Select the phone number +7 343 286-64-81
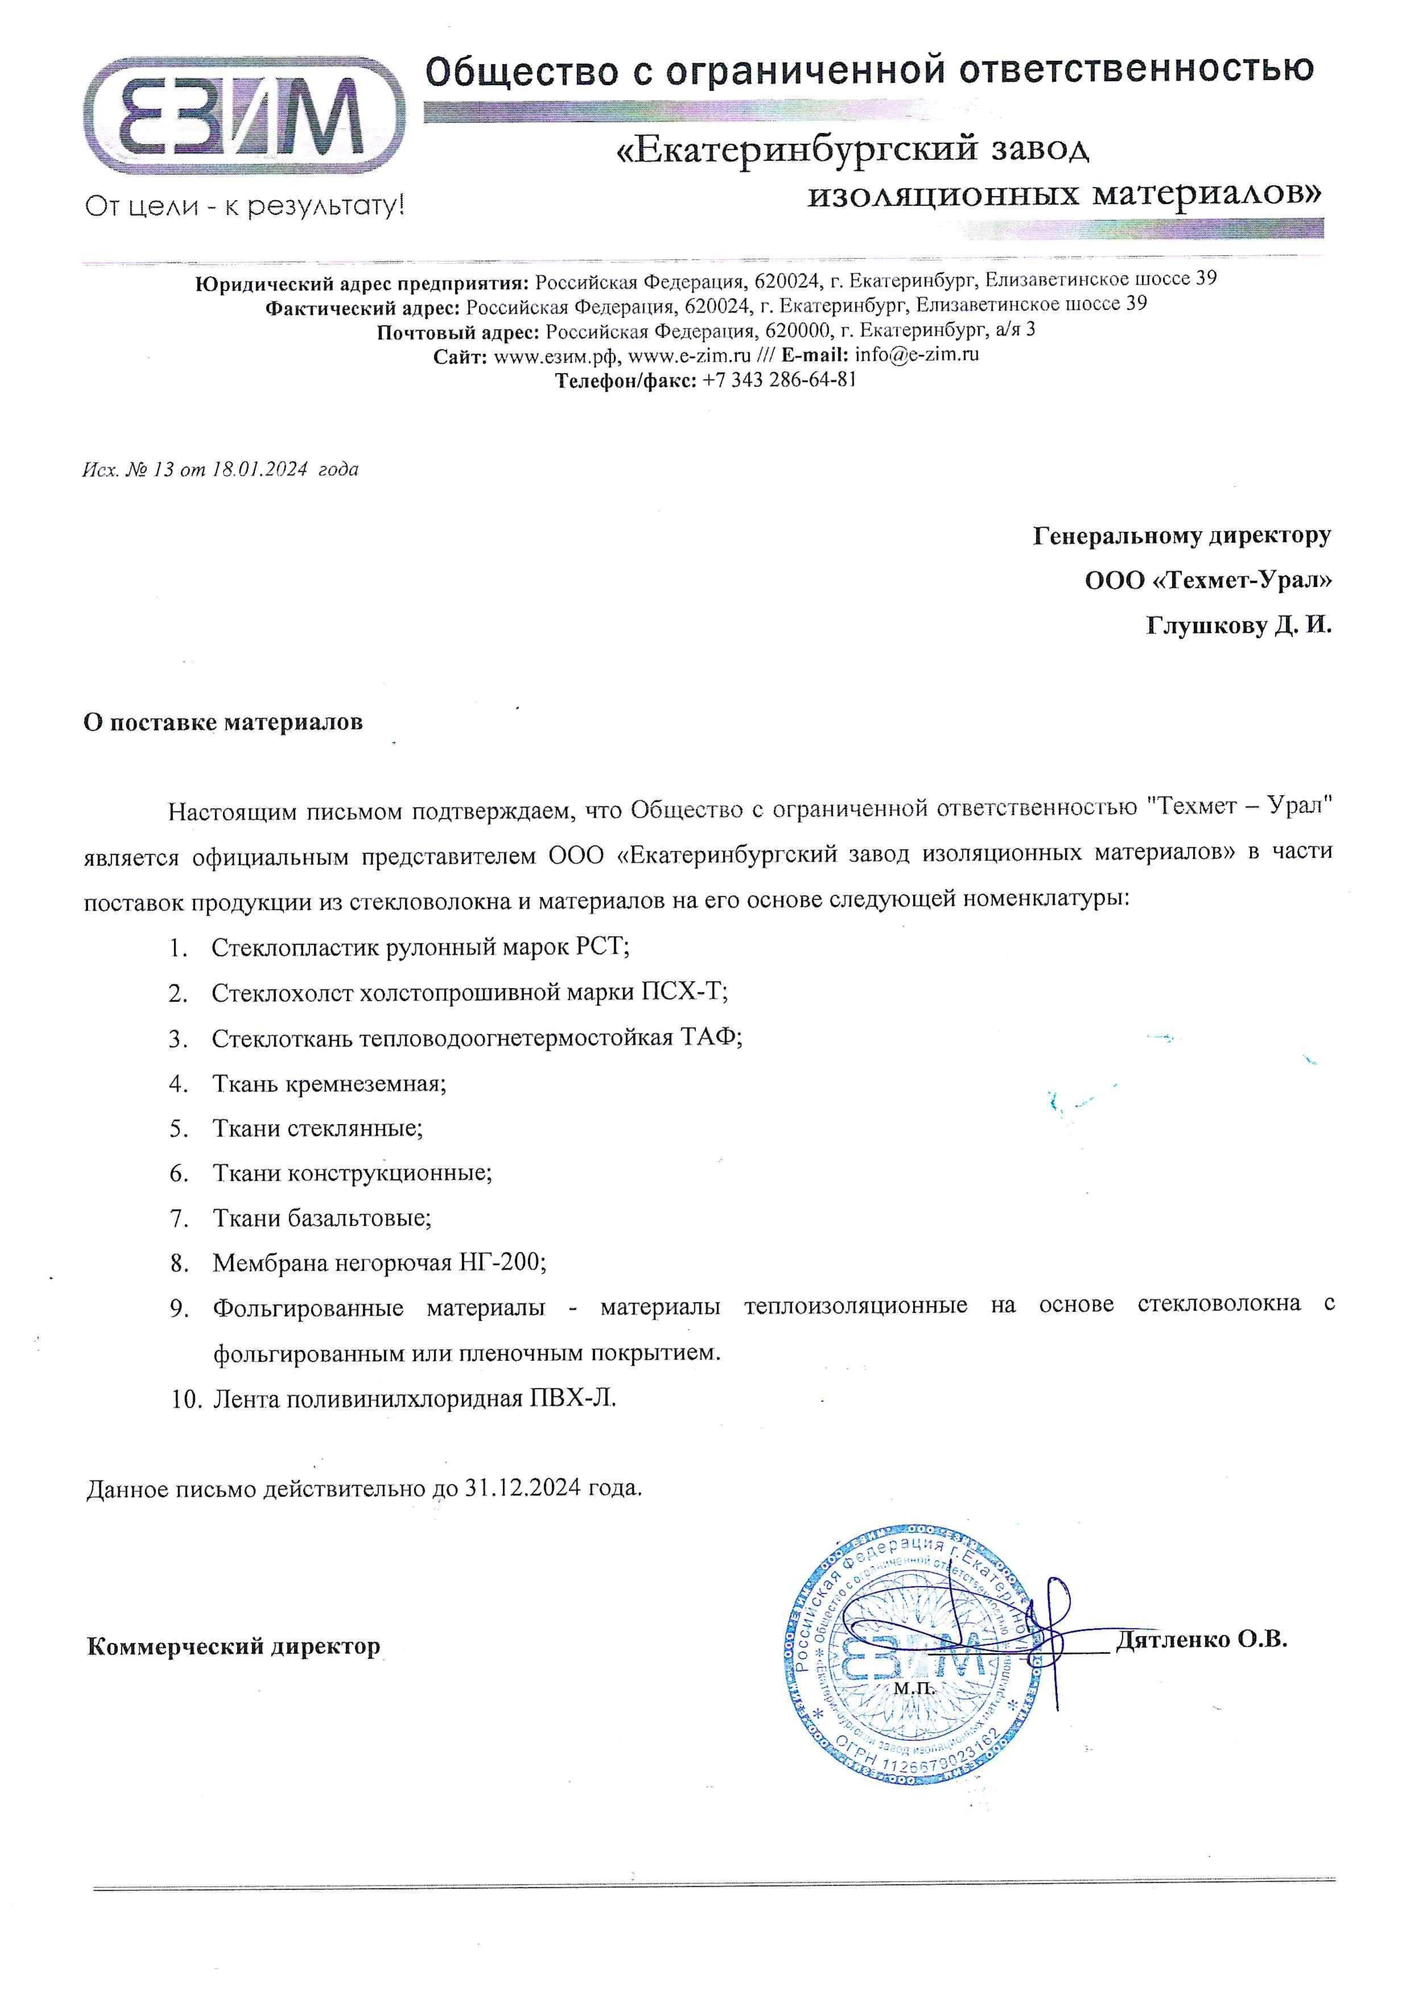(779, 380)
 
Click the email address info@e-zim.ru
(917, 354)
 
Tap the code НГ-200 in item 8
(500, 1263)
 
